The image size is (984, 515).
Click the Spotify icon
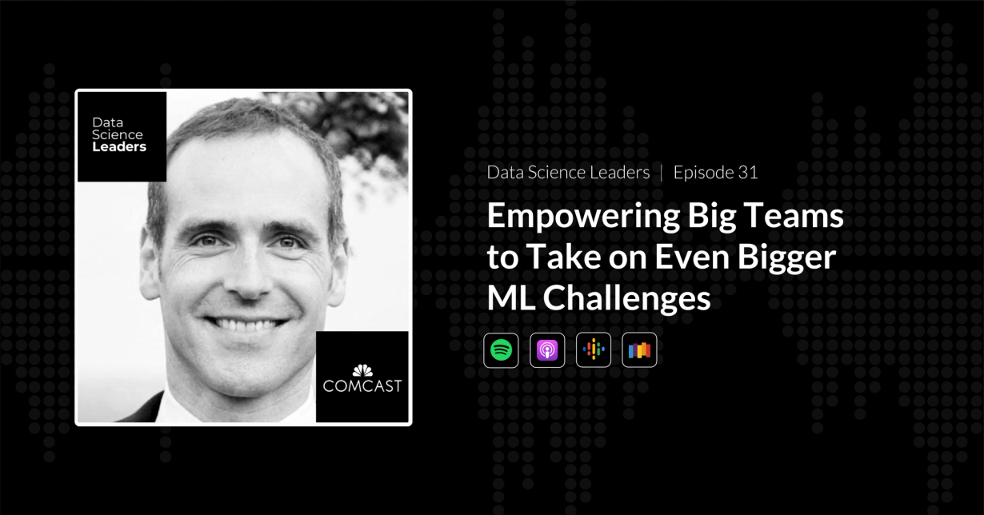pyautogui.click(x=501, y=349)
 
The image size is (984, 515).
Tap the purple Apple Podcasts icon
pyautogui.click(x=547, y=349)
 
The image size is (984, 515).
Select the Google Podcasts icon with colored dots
pyautogui.click(x=594, y=349)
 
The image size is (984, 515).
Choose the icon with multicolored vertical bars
pyautogui.click(x=639, y=349)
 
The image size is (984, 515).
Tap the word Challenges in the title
pyautogui.click(x=627, y=298)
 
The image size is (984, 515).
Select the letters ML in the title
pyautogui.click(x=510, y=298)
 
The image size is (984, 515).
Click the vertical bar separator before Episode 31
pyautogui.click(x=662, y=172)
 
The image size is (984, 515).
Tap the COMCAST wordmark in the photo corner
pyautogui.click(x=362, y=386)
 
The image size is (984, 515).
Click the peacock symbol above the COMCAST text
pyautogui.click(x=362, y=369)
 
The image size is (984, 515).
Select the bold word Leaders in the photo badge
pyautogui.click(x=119, y=147)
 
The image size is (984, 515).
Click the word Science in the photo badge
pyautogui.click(x=117, y=135)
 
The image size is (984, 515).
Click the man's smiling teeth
pyautogui.click(x=245, y=325)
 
